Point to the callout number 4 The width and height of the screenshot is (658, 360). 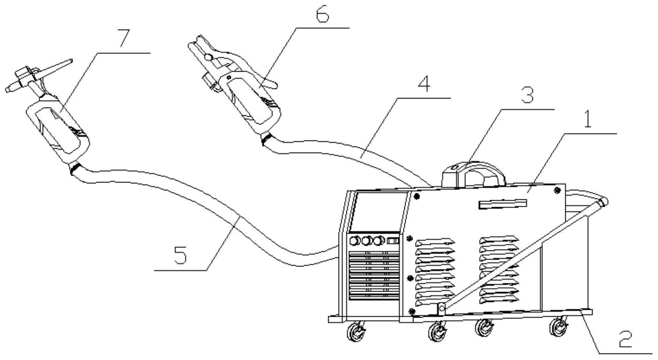point(424,84)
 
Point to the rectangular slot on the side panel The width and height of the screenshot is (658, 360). point(502,204)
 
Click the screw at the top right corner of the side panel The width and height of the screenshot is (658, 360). point(558,190)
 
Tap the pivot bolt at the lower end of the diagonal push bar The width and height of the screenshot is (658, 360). point(441,308)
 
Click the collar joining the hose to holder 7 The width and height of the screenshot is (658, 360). point(76,168)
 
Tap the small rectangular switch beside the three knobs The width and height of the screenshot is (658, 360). point(393,241)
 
